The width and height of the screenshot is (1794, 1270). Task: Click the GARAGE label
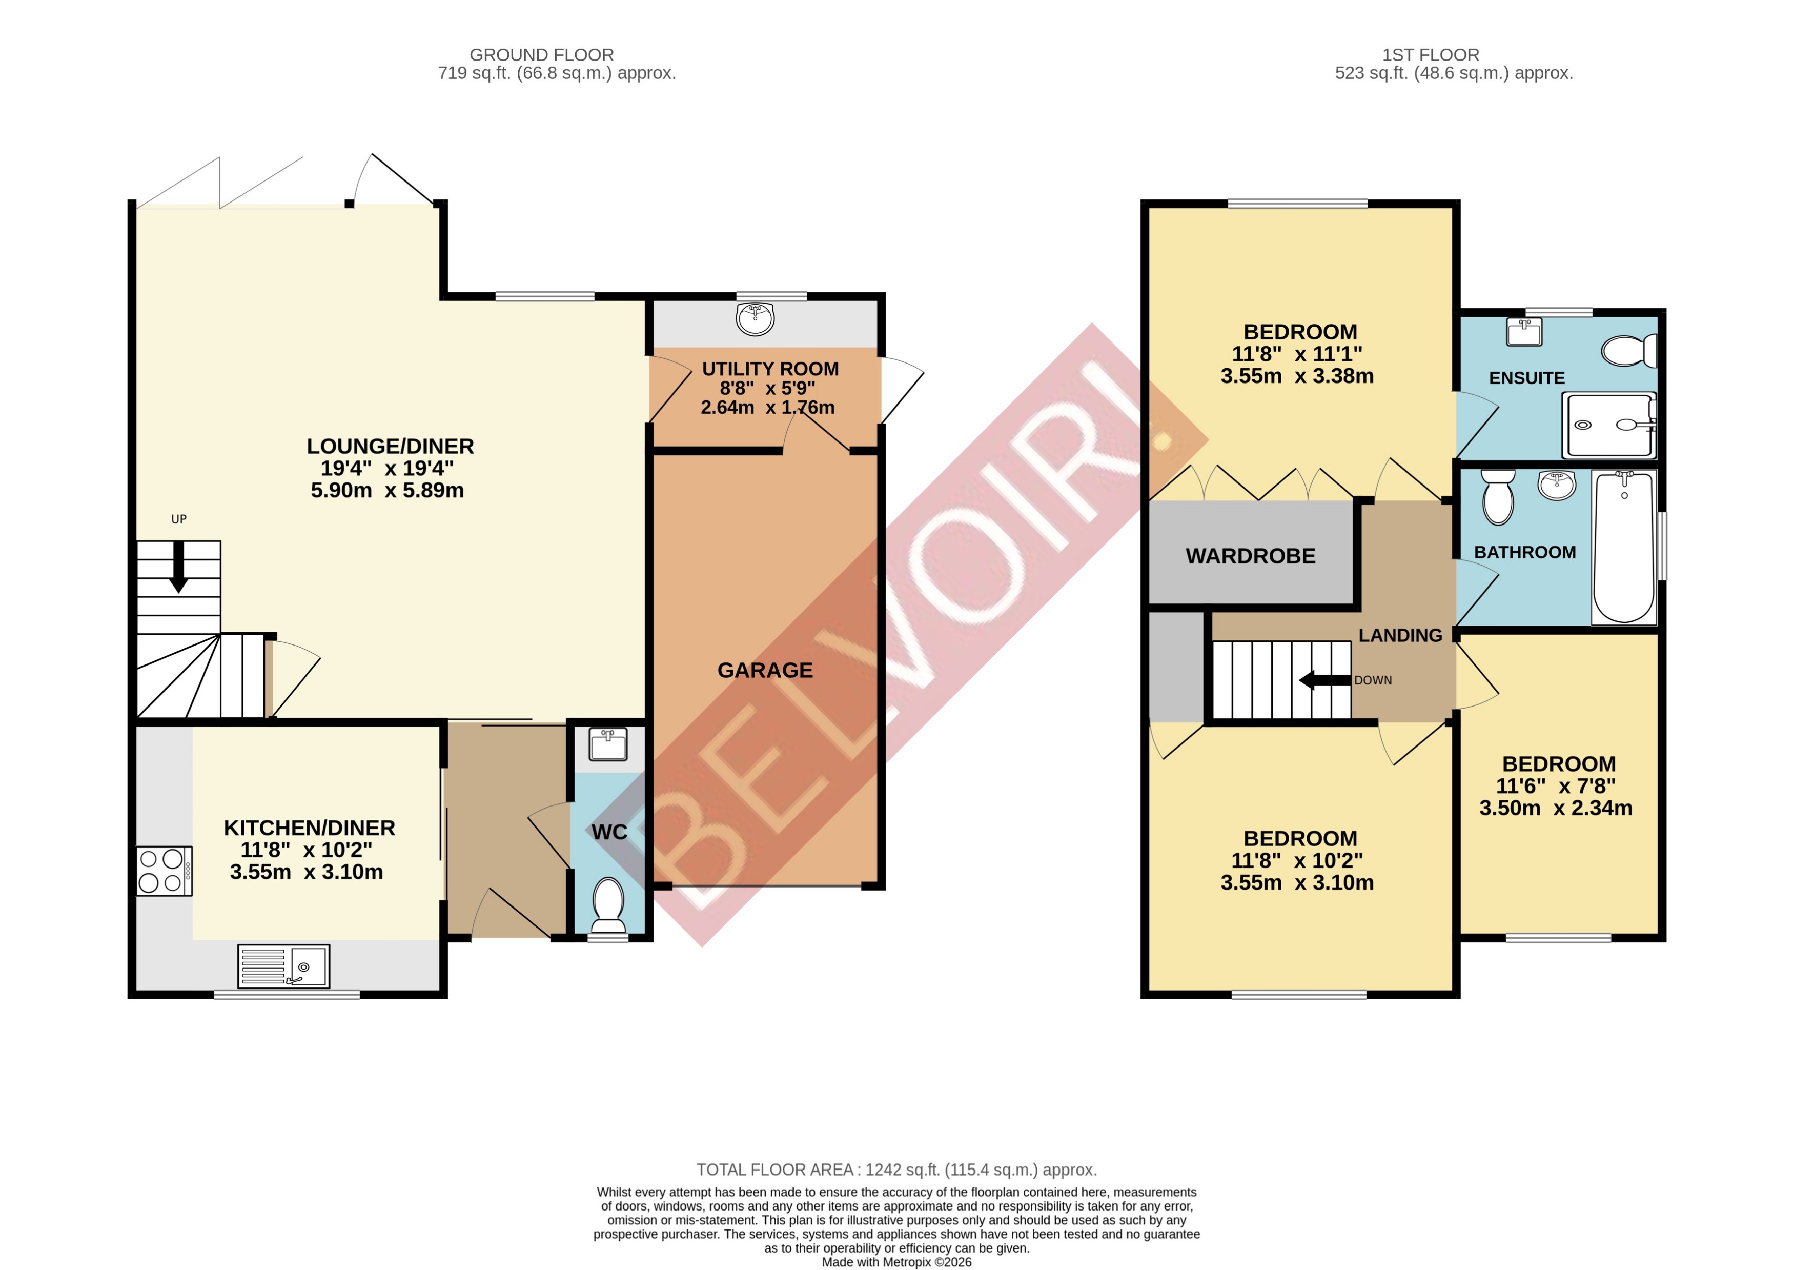(765, 670)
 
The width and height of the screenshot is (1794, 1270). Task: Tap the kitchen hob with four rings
(164, 871)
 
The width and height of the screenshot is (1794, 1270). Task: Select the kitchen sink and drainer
(284, 966)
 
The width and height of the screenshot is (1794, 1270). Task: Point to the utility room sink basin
(755, 318)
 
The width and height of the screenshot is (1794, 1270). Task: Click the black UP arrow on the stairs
(178, 567)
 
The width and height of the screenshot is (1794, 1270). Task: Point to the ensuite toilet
(1628, 350)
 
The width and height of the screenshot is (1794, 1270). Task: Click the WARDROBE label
(1250, 556)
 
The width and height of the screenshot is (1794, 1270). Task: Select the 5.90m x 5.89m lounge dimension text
(387, 490)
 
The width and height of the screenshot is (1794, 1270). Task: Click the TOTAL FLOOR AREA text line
(896, 1170)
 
